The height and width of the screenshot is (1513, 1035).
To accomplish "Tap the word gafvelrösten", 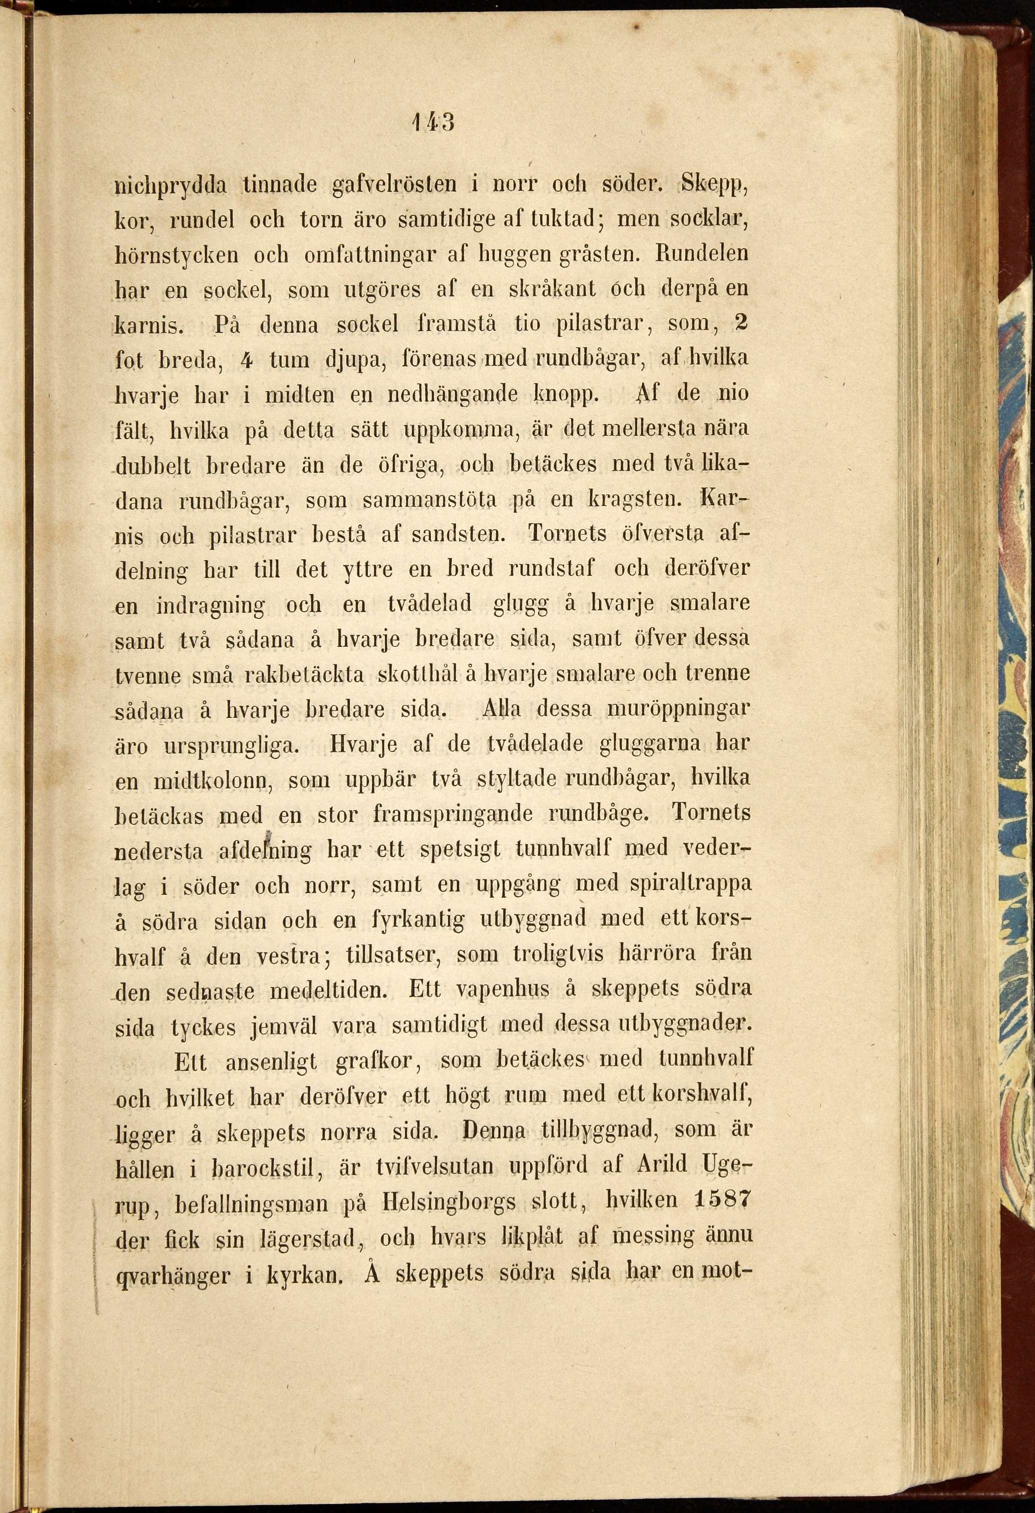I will pos(394,186).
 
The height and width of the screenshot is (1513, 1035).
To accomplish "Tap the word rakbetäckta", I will pos(303,675).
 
